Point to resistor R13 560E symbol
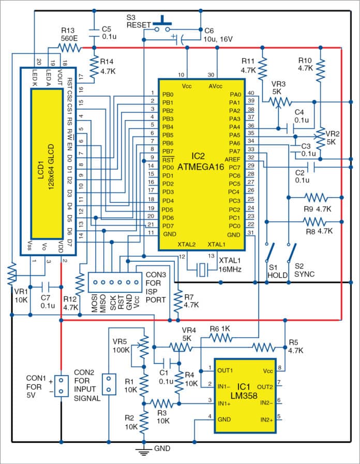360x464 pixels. click(x=68, y=48)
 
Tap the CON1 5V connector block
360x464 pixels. click(x=61, y=385)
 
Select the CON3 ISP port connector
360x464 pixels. click(x=113, y=282)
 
